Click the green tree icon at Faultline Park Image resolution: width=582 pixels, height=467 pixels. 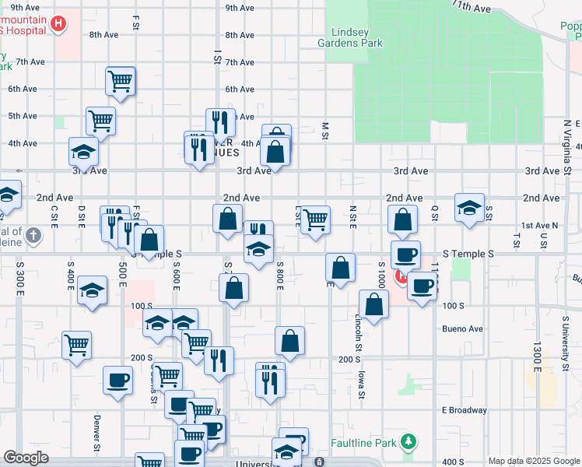tap(408, 443)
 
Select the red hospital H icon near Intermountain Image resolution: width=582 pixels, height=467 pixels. tap(57, 24)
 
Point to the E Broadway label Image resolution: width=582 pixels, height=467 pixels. tap(465, 410)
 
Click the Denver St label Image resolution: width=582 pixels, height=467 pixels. tap(97, 434)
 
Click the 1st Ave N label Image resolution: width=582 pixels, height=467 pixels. tap(540, 226)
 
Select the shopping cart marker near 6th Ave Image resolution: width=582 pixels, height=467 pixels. tap(121, 80)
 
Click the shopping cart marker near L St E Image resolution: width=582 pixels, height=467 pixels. tap(315, 220)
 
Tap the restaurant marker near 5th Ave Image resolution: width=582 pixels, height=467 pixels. tap(220, 123)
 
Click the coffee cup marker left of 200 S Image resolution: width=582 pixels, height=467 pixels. tap(117, 381)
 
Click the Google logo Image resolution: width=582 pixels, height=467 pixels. tap(26, 458)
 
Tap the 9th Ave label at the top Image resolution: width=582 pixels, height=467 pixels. tap(240, 8)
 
